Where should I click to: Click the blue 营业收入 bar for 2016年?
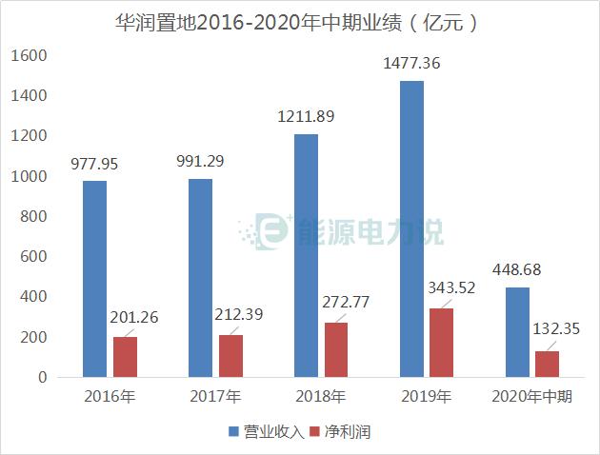point(94,279)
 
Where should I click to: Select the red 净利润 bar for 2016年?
point(126,357)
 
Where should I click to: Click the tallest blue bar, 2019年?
point(411,228)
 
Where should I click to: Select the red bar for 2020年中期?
point(548,364)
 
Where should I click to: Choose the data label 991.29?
point(200,161)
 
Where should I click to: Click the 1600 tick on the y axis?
point(29,56)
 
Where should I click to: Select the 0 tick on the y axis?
point(41,378)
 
